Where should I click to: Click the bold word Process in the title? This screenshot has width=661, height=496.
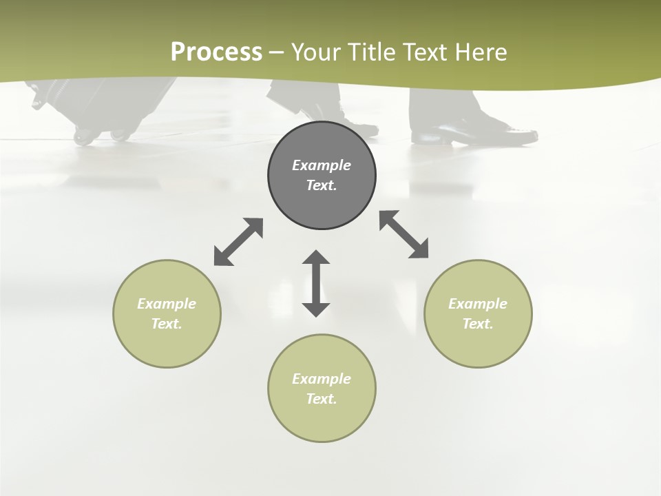point(216,52)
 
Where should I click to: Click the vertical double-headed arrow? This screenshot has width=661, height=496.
point(316,283)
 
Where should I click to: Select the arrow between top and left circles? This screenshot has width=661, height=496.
point(238,242)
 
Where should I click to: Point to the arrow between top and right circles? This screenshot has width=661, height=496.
point(403,234)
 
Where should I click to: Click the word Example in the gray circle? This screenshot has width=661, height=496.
point(322,165)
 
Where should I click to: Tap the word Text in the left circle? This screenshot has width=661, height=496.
point(167,324)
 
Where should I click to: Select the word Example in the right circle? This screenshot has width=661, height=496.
point(478,304)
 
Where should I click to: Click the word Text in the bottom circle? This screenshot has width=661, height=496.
point(322,399)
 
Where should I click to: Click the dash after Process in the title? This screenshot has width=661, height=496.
point(277,52)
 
